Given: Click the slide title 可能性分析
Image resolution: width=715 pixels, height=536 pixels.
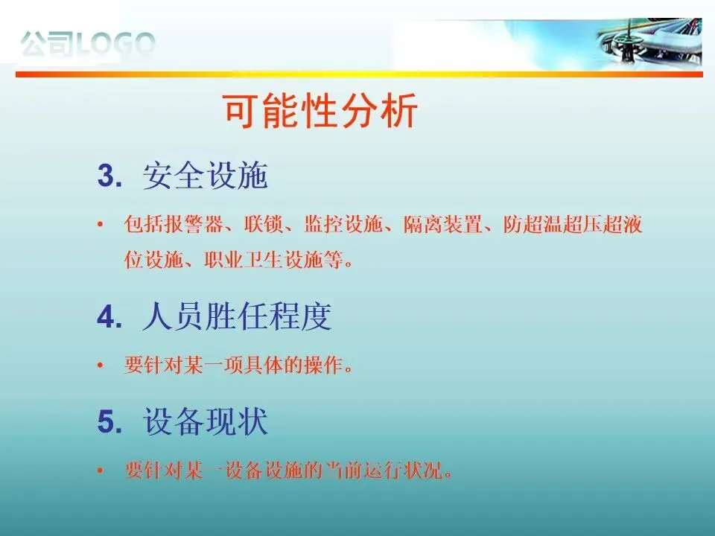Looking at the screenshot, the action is tap(320, 111).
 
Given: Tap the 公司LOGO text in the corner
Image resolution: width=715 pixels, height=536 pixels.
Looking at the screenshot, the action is tap(88, 44).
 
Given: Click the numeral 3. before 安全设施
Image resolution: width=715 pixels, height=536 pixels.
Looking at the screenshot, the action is tap(110, 176).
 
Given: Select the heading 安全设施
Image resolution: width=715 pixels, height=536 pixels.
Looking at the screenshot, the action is tap(206, 176).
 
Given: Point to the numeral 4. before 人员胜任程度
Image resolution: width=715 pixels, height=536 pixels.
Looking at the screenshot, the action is tap(110, 317).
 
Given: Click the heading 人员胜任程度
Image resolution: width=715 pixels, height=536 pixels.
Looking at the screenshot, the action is tap(237, 316).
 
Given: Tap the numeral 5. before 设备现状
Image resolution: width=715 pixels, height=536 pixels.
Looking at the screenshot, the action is tap(110, 421).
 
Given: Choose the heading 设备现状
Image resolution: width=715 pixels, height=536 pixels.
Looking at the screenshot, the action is tap(206, 421).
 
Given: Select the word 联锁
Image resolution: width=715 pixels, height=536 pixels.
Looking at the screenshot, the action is tap(264, 224).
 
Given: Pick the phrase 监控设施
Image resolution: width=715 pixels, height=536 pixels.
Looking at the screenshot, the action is tap(343, 224).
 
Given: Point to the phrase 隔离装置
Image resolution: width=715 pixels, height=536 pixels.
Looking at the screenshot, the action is tap(442, 224).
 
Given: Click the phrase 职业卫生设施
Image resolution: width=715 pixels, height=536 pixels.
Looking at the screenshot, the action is tap(264, 261).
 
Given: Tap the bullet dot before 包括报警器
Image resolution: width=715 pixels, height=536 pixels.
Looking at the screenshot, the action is tap(101, 224).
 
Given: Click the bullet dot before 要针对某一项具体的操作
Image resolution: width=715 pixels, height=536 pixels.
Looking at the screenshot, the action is tap(101, 365).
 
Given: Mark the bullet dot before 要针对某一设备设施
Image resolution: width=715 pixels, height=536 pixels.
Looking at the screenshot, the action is tap(101, 470).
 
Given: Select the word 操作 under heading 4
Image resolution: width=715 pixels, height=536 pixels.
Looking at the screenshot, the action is tap(324, 365).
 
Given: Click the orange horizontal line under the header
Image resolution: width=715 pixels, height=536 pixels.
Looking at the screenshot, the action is tap(359, 74).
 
